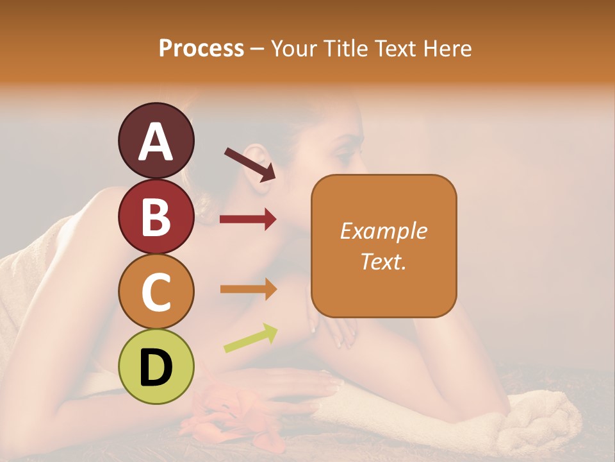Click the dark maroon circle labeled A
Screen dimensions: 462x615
tap(156, 141)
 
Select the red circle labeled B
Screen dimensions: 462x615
tap(156, 216)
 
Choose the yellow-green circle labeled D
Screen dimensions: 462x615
tap(156, 366)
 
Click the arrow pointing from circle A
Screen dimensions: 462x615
tap(250, 164)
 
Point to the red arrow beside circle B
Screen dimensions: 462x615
tap(247, 219)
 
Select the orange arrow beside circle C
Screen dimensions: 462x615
tap(248, 289)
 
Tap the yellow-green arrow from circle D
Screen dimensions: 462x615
tap(250, 338)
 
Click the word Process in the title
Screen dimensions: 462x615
tap(201, 49)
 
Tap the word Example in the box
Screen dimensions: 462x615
tap(384, 231)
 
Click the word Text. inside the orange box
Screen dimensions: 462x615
tap(384, 261)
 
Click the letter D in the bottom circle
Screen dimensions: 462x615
tap(156, 368)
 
